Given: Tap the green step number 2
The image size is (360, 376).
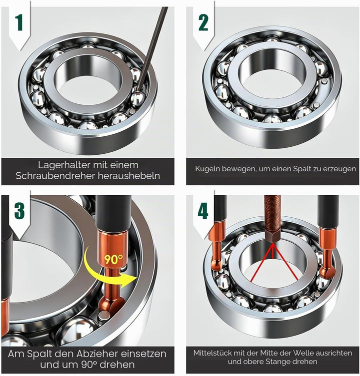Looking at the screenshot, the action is point(203,23).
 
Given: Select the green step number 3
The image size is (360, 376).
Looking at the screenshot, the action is point(19,211).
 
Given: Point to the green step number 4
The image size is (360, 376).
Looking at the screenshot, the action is point(203,211).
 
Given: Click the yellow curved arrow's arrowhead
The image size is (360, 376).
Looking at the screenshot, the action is point(129,280).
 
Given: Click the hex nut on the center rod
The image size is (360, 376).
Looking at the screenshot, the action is point(273,236).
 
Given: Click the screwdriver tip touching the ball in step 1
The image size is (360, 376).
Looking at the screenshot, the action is point(137,90).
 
